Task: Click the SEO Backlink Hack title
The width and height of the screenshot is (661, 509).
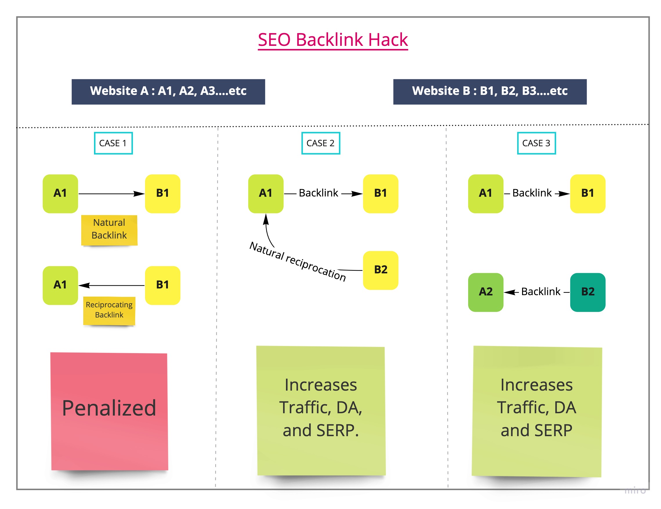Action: click(x=333, y=40)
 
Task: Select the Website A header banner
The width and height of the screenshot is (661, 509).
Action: click(x=168, y=92)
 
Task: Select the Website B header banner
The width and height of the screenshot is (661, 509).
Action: click(x=490, y=92)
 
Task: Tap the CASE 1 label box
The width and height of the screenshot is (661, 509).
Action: click(x=113, y=143)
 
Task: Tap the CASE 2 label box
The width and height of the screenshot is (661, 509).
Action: click(x=320, y=143)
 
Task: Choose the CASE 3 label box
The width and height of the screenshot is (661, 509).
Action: click(x=536, y=143)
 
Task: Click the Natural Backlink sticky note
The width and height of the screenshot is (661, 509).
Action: click(x=109, y=230)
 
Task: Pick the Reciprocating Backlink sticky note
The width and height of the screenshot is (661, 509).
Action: click(x=109, y=311)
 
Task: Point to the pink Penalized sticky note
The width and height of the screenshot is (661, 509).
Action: click(x=109, y=411)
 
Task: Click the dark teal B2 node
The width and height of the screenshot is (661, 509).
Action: click(x=587, y=292)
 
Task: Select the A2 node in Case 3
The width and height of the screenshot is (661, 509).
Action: click(x=486, y=292)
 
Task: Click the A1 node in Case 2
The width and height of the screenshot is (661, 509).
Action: click(x=266, y=194)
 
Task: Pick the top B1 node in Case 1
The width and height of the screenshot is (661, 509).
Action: click(x=162, y=194)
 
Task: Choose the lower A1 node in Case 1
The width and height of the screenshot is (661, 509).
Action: click(x=60, y=285)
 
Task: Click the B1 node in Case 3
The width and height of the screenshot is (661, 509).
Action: click(x=587, y=194)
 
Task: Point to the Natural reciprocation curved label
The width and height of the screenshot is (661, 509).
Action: click(x=298, y=261)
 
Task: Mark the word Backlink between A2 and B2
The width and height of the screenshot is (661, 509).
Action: click(x=541, y=292)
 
